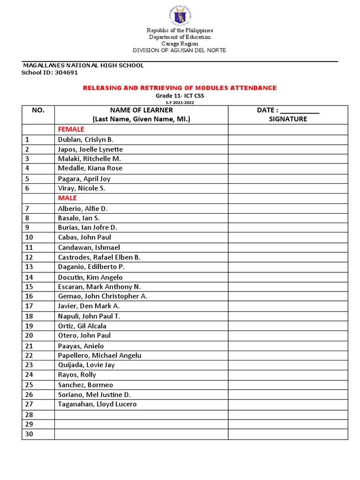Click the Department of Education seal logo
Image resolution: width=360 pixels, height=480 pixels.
coord(180,15)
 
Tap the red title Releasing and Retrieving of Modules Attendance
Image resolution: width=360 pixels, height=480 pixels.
coord(180,88)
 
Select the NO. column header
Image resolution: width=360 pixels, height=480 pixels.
coord(38,110)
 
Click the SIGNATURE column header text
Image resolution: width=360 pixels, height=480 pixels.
coord(288,119)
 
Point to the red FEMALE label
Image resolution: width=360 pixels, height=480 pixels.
coord(71,129)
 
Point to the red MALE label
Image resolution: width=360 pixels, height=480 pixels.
coord(67,198)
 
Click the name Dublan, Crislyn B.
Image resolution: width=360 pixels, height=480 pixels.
coord(86,140)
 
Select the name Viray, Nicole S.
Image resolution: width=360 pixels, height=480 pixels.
coord(82,188)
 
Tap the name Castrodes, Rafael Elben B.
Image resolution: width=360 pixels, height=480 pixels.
coord(99,257)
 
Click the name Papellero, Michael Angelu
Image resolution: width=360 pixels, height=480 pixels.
coord(99,355)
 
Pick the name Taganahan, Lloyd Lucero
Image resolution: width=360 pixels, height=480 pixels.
coord(97,404)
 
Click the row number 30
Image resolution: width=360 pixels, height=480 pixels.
coord(29,434)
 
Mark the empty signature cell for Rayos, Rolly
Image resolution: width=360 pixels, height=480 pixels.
coord(288,375)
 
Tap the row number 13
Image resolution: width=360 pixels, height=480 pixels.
coord(29,267)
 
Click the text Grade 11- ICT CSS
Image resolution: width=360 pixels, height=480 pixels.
coord(180,96)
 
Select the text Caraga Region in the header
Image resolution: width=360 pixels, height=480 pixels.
coord(180,44)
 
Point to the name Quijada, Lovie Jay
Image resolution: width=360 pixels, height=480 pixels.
coord(86,365)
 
